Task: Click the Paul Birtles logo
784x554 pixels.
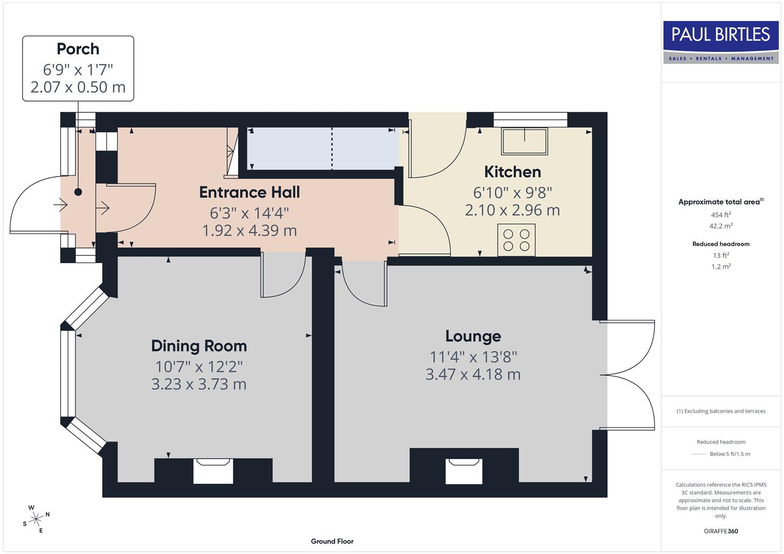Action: tap(721, 42)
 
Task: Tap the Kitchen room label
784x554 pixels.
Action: tap(512, 172)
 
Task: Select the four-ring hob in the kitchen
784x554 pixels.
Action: tap(517, 240)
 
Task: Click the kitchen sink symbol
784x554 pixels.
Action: tap(525, 141)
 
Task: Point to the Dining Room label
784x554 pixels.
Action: tap(199, 346)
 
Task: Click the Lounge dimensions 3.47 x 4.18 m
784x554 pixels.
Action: tap(473, 374)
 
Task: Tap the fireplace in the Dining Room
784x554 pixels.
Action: tap(213, 471)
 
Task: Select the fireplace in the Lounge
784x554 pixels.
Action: tap(464, 471)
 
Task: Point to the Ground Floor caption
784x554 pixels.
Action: tap(332, 541)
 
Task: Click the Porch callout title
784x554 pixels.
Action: tap(78, 49)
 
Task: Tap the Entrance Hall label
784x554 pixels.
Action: tap(250, 192)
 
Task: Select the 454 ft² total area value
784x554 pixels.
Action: tap(721, 215)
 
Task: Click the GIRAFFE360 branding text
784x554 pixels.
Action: tap(721, 531)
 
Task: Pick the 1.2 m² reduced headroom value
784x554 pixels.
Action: tap(721, 267)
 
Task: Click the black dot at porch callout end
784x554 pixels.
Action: tap(78, 192)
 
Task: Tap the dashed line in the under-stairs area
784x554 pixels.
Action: tap(332, 149)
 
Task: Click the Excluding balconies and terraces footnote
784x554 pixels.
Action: tap(721, 411)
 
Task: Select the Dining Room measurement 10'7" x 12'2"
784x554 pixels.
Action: tap(199, 367)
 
